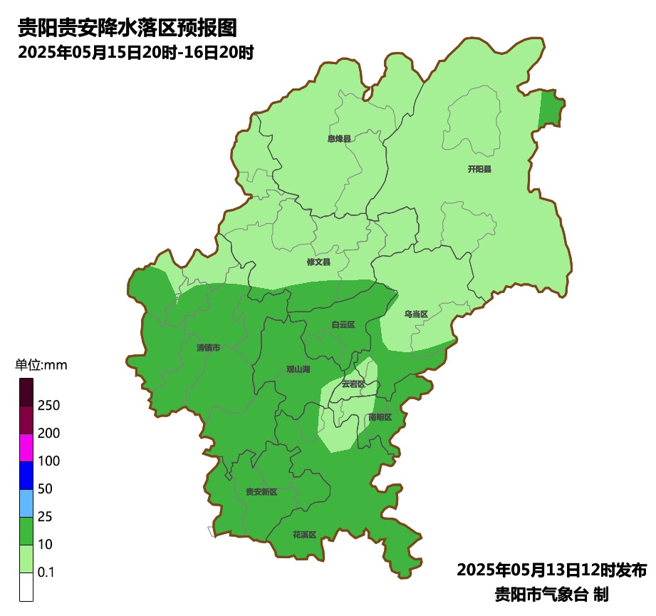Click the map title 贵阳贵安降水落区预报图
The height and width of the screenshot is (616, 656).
(x=127, y=28)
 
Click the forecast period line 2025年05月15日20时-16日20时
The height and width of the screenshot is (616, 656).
(x=136, y=53)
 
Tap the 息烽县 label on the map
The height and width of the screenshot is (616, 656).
(x=339, y=138)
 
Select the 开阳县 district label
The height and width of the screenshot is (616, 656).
(x=479, y=169)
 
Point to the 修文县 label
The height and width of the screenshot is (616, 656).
(x=318, y=262)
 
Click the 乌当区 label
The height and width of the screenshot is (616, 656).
(x=416, y=314)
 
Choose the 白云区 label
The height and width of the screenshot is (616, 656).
(x=343, y=324)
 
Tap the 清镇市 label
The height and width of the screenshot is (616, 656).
(x=208, y=347)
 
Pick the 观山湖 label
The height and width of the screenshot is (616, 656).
(x=298, y=369)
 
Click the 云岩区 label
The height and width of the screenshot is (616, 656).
(x=353, y=384)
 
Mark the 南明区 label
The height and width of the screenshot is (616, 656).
(x=380, y=416)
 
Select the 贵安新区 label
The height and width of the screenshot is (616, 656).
(x=261, y=491)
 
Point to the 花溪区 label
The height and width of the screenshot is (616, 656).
(x=304, y=534)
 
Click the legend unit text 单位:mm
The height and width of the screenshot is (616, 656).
(x=41, y=366)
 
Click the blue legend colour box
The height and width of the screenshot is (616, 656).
(x=26, y=476)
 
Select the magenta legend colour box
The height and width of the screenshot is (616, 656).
(x=26, y=448)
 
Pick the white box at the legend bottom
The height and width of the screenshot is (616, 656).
(x=26, y=587)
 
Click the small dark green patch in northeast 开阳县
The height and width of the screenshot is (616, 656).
(x=551, y=109)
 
